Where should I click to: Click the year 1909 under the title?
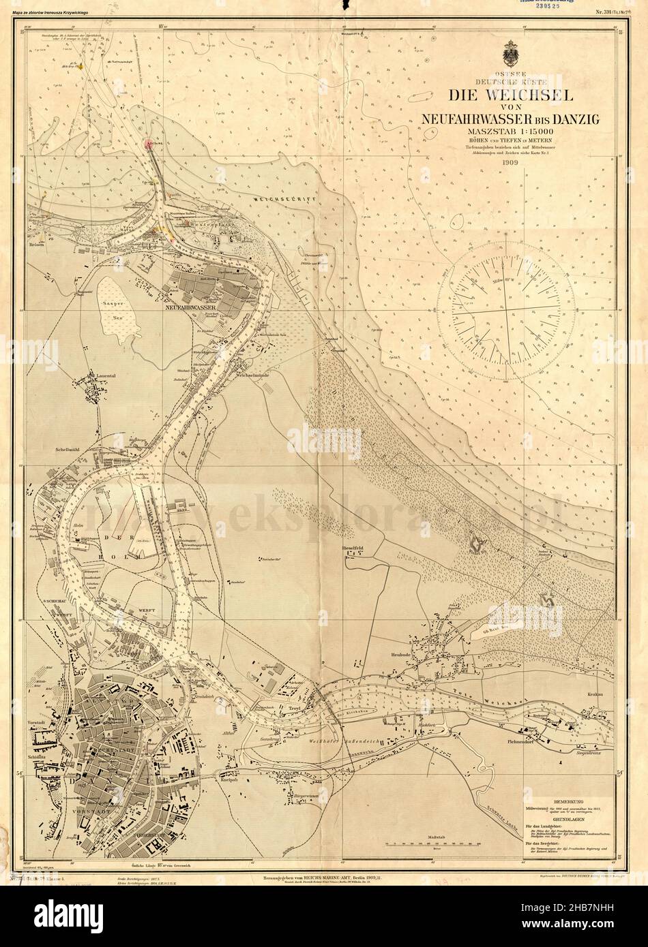coord(510,163)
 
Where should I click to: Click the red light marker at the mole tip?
coord(149,143)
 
